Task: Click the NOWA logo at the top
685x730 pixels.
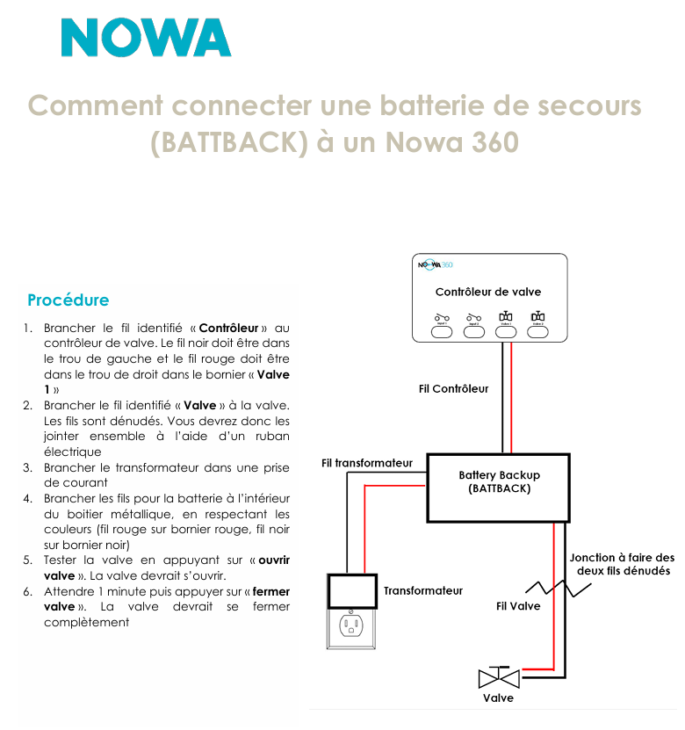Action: point(146,38)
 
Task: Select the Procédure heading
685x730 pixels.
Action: point(68,300)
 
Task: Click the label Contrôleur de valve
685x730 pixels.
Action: point(488,292)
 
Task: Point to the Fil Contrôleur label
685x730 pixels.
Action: point(453,388)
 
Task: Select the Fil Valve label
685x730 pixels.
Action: point(518,606)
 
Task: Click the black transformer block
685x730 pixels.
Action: point(352,590)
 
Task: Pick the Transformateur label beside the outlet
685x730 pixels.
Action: point(423,591)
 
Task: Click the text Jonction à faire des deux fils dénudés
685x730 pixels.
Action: point(622,564)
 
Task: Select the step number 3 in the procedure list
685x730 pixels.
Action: point(28,467)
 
